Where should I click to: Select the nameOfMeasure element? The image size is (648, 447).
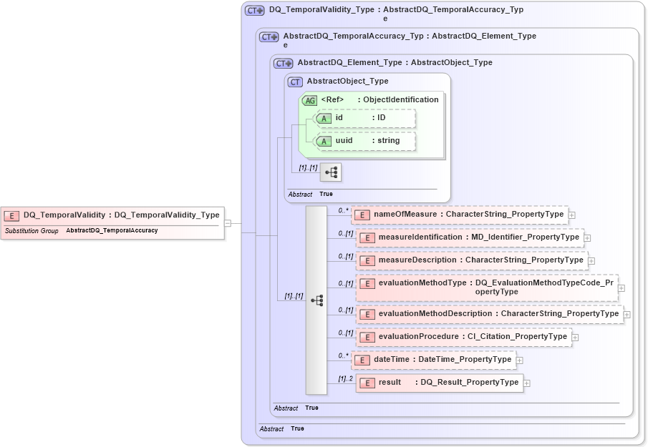(x=459, y=214)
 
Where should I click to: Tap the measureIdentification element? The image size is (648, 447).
(x=470, y=237)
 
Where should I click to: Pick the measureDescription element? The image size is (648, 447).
(x=472, y=260)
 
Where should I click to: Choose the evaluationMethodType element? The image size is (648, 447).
(x=487, y=288)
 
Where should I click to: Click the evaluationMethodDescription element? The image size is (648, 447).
(x=490, y=314)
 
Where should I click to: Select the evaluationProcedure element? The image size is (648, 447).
(x=464, y=337)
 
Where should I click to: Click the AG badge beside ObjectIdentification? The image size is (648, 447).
(x=309, y=101)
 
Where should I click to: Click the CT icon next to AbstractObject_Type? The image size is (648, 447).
(x=295, y=82)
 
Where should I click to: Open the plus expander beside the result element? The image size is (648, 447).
(x=527, y=383)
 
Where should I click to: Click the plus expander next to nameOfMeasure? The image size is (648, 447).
(x=571, y=215)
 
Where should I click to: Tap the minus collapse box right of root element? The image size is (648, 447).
(x=227, y=222)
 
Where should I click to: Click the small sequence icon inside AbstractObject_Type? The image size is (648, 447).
(x=331, y=172)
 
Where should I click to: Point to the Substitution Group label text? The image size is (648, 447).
(x=32, y=231)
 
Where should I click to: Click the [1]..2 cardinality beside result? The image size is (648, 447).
(x=345, y=378)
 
